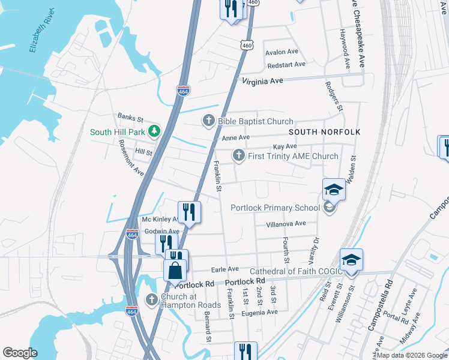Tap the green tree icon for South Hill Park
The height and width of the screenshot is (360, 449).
(154, 131)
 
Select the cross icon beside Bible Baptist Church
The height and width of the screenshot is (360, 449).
(209, 121)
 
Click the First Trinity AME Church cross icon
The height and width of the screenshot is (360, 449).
(238, 156)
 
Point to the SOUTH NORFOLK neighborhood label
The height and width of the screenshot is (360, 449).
(324, 131)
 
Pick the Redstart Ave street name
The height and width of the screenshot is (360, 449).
(286, 64)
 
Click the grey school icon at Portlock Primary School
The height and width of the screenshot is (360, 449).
(328, 208)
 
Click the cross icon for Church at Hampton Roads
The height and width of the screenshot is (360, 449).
(152, 299)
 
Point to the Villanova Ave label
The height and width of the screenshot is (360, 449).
(286, 224)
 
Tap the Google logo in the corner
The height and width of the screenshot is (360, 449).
(20, 353)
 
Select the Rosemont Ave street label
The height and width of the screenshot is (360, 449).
(131, 158)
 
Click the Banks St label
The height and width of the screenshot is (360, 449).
(130, 117)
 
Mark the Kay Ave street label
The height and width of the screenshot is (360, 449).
(285, 147)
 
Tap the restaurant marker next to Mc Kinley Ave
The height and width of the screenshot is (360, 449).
(189, 212)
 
